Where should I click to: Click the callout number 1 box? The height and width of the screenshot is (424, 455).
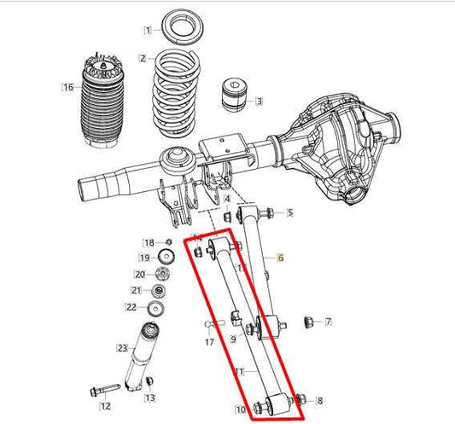pos(147,30)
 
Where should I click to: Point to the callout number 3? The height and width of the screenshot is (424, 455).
pos(259,102)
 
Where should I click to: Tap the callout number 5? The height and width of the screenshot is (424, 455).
pos(289,212)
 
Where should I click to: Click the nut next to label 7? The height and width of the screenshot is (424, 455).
pos(310,322)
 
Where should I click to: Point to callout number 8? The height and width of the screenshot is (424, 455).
pos(320,399)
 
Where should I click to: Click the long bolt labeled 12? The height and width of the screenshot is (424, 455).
pos(100,391)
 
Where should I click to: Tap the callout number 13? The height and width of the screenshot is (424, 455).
pos(150,398)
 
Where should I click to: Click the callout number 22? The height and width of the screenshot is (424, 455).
pos(131,306)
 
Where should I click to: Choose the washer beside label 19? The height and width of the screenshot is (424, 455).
pos(167,258)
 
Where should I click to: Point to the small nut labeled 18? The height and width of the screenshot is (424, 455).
pos(168,242)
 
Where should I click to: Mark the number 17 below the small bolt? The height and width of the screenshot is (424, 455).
pos(209,342)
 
